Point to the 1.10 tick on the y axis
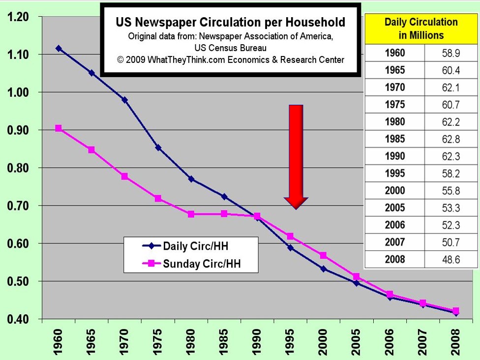pyautogui.click(x=25, y=55)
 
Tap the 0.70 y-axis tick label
pyautogui.click(x=25, y=206)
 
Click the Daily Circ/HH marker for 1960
pyautogui.click(x=59, y=48)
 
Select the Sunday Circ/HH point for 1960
pyautogui.click(x=59, y=128)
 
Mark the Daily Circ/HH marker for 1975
pyautogui.click(x=158, y=148)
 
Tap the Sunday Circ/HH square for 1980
pyautogui.click(x=191, y=214)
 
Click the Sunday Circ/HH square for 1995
pyautogui.click(x=290, y=237)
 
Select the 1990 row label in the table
pyautogui.click(x=394, y=156)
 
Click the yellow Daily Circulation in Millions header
pyautogui.click(x=420, y=29)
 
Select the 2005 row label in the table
pyautogui.click(x=394, y=208)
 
